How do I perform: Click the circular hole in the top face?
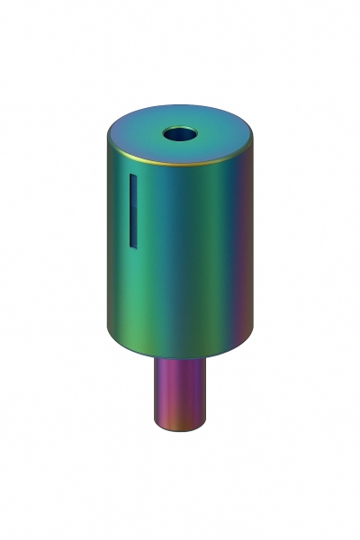point(178,135)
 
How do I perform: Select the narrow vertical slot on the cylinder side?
point(131,211)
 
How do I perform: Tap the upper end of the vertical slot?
point(131,177)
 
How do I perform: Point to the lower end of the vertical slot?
point(131,244)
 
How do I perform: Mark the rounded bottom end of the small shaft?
point(184,428)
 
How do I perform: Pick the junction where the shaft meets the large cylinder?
point(184,358)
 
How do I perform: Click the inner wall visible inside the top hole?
point(179,131)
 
